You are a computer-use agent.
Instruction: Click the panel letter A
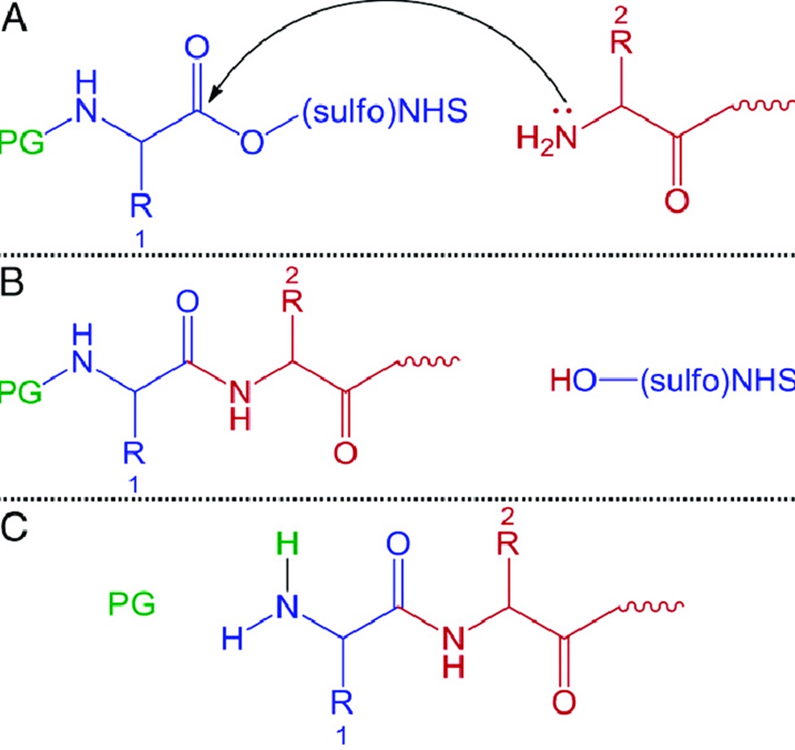(x=14, y=20)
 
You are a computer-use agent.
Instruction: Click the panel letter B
(x=12, y=282)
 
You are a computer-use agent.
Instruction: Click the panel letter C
(x=14, y=528)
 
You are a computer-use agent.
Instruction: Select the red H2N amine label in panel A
(x=546, y=138)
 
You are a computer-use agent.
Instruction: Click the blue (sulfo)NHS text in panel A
(x=384, y=111)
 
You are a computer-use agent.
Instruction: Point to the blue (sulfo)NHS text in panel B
(x=717, y=379)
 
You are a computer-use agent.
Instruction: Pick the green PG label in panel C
(x=131, y=604)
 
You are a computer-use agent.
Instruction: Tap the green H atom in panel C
(x=288, y=544)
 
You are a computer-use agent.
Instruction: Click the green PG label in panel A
(x=21, y=142)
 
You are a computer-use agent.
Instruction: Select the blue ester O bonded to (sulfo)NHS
(x=252, y=141)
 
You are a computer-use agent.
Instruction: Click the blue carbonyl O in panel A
(x=197, y=47)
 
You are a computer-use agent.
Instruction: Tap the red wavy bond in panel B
(x=427, y=362)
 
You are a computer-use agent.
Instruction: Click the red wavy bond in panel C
(x=651, y=605)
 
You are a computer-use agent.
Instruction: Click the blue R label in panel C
(x=342, y=703)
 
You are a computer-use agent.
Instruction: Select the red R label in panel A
(x=621, y=42)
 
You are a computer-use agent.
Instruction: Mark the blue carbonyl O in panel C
(x=398, y=544)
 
